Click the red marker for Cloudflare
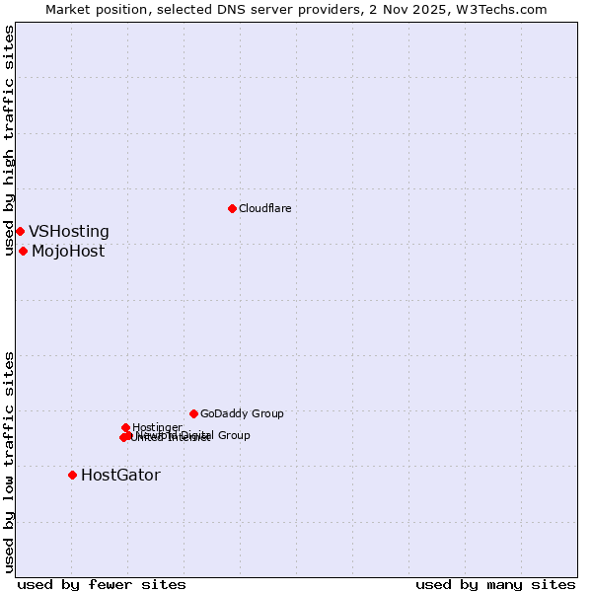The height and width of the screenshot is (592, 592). click(x=232, y=208)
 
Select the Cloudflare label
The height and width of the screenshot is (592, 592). click(x=264, y=208)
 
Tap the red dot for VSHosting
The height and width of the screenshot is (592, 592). click(x=20, y=231)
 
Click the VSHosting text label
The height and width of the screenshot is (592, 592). click(x=69, y=232)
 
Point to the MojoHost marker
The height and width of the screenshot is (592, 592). click(x=23, y=251)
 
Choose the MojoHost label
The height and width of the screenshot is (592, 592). click(x=68, y=252)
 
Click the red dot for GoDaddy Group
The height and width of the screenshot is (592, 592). click(x=193, y=413)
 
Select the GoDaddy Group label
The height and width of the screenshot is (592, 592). click(x=242, y=414)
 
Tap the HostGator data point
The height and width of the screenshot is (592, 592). click(x=72, y=475)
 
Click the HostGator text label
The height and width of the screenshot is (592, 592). click(x=120, y=476)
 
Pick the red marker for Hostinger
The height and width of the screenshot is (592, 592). click(x=125, y=427)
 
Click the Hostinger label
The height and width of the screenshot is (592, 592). click(x=157, y=428)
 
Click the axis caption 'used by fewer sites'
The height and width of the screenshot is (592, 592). click(x=102, y=585)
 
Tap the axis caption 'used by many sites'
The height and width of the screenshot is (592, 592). click(x=495, y=585)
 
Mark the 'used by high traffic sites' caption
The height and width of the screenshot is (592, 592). click(x=10, y=141)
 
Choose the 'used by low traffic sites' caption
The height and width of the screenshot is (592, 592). click(x=10, y=461)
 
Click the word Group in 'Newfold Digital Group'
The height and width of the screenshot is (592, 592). click(x=233, y=435)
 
